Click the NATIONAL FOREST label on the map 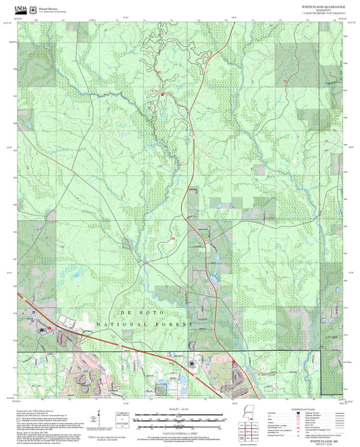pos(145,325)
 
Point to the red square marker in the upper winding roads pos(162,94)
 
